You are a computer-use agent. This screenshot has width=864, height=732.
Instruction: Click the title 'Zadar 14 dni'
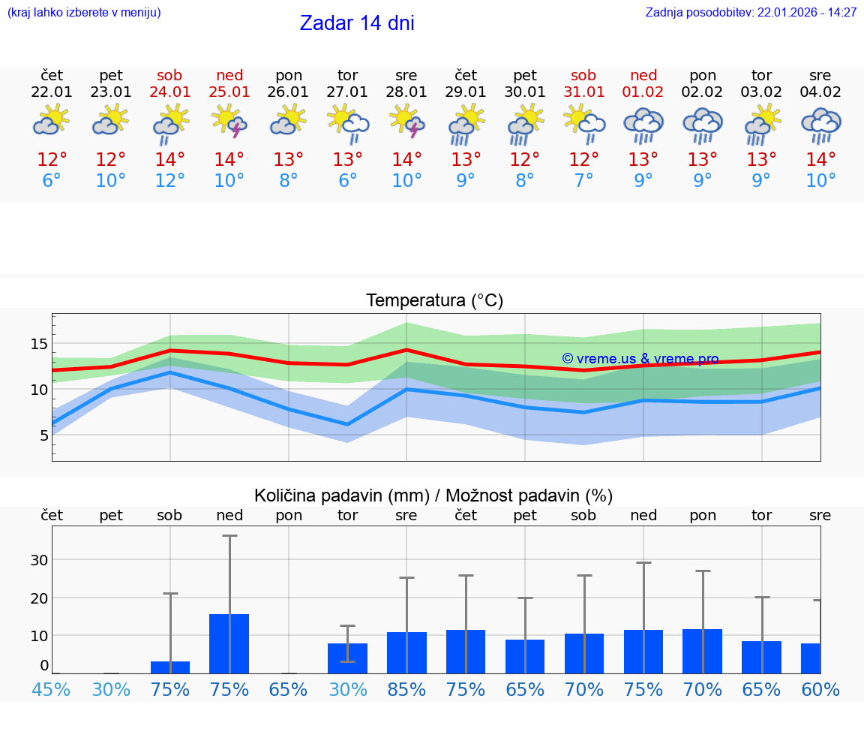(357, 23)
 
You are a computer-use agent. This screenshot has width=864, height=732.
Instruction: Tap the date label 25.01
(229, 92)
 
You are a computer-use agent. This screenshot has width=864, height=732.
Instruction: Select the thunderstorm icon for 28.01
(406, 123)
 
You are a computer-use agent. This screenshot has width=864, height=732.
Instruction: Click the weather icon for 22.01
(52, 122)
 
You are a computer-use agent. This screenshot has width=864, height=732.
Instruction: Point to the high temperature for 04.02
(820, 160)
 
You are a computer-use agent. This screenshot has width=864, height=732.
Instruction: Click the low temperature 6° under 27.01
(347, 181)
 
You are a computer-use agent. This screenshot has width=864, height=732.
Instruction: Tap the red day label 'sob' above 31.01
(583, 76)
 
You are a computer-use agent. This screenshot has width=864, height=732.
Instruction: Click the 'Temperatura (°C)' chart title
(434, 301)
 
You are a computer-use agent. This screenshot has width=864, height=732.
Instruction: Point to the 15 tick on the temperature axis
(39, 344)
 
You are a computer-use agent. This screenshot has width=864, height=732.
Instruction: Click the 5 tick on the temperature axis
(43, 435)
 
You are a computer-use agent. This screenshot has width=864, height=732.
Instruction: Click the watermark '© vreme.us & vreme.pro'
(640, 359)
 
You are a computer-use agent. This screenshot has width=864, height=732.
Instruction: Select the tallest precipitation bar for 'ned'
(229, 643)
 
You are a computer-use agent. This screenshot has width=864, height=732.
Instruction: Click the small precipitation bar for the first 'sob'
(170, 667)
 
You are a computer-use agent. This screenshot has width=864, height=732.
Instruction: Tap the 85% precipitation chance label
(406, 690)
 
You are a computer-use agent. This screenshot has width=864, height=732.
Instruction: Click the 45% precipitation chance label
(51, 690)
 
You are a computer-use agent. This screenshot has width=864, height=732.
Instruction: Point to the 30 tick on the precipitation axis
(39, 560)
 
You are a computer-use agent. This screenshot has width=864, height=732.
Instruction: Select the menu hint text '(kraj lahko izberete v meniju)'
(84, 13)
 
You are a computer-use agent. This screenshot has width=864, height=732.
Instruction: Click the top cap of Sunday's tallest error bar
(229, 536)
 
